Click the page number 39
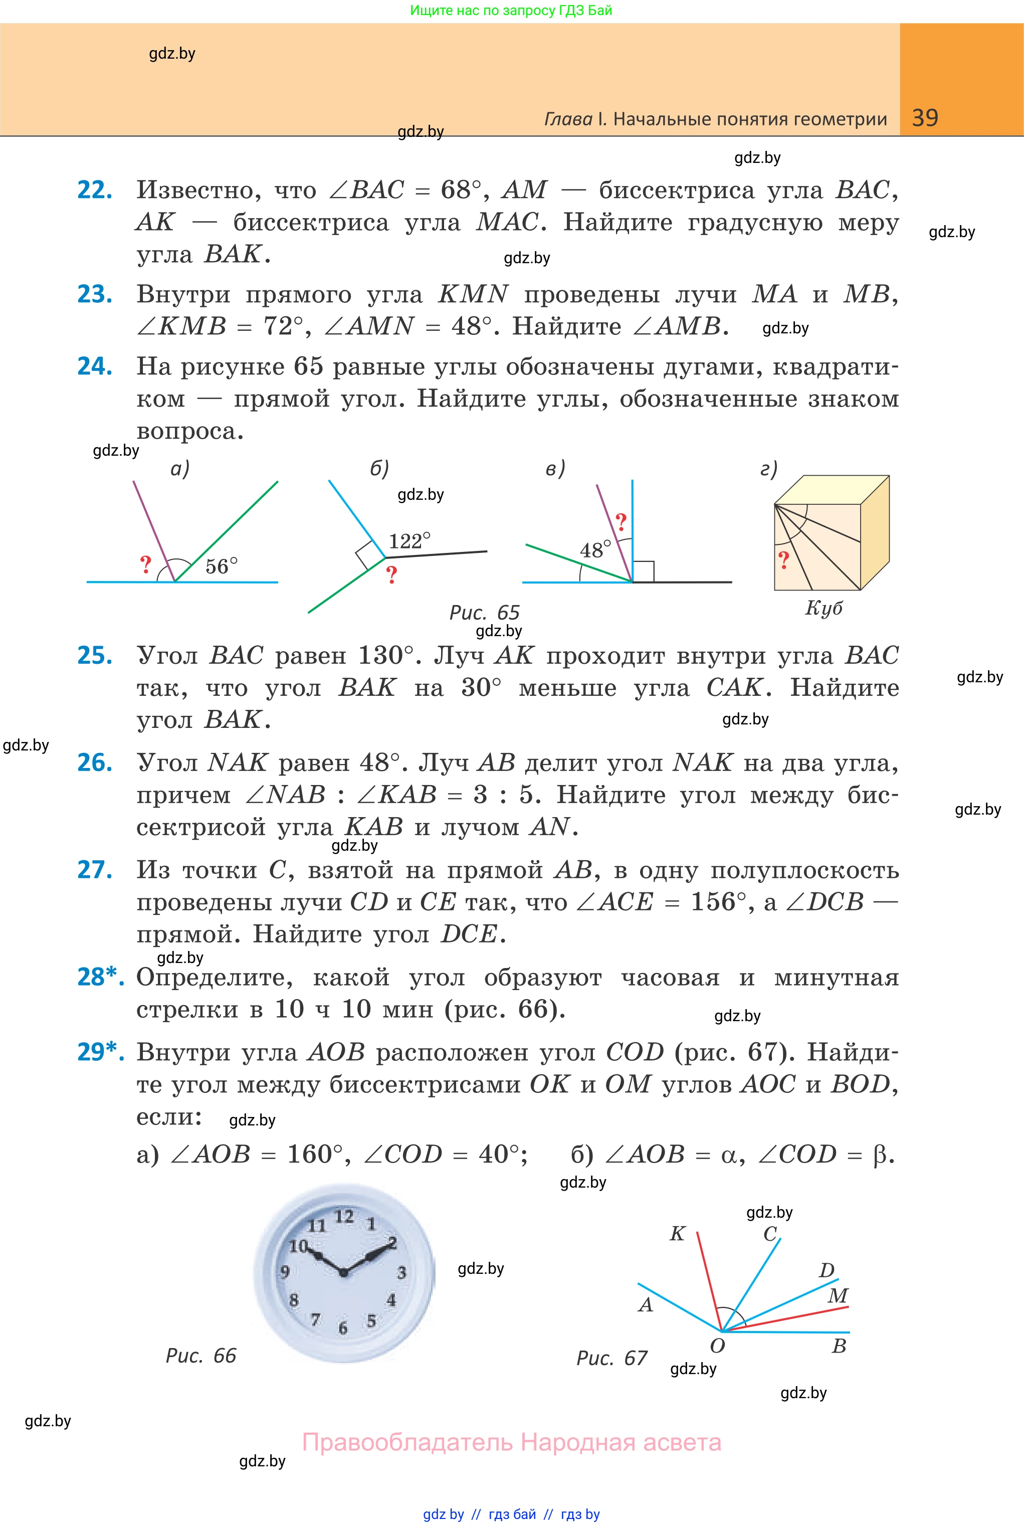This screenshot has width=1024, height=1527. (925, 118)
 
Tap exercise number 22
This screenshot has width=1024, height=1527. (95, 190)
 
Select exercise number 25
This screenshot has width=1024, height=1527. (95, 655)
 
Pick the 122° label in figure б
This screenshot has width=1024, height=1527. (409, 541)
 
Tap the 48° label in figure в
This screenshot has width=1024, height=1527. (595, 550)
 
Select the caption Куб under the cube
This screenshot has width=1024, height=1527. (824, 608)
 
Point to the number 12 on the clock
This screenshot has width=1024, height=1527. (344, 1216)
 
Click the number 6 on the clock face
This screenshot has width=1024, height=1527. (343, 1327)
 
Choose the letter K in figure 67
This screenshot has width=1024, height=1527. (677, 1233)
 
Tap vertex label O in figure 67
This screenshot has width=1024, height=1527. (717, 1346)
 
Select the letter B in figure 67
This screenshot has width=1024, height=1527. (839, 1346)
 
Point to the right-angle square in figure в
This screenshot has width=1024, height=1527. (643, 571)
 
